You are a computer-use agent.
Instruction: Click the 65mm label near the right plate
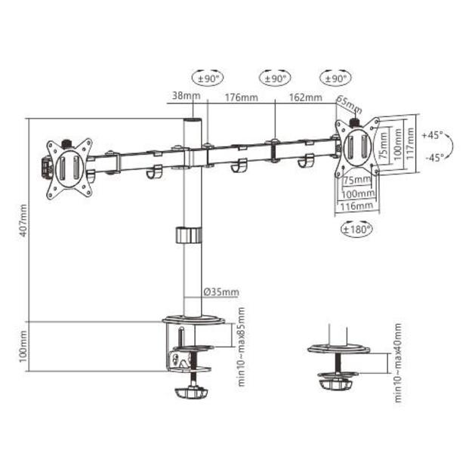[348, 106]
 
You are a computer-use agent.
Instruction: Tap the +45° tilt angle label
[432, 136]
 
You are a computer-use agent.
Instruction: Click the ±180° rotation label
[355, 227]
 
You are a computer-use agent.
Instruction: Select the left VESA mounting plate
[69, 169]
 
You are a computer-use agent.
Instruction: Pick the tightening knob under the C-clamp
[192, 393]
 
